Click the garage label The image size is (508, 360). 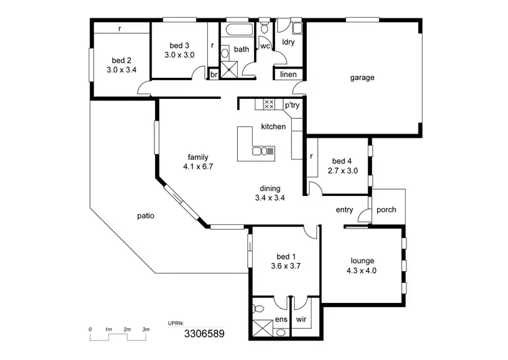(x=362, y=77)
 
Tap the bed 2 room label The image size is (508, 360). (x=121, y=59)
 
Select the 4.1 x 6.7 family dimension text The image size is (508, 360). (x=198, y=166)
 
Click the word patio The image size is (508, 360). (x=146, y=216)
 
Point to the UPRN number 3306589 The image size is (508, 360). (x=204, y=334)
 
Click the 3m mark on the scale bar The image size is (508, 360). (x=146, y=329)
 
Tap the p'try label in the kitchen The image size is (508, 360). (x=292, y=105)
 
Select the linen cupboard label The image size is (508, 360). (x=289, y=74)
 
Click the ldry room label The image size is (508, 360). (x=289, y=42)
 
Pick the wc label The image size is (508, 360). (x=266, y=46)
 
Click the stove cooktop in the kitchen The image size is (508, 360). (x=268, y=104)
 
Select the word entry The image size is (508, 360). (x=344, y=209)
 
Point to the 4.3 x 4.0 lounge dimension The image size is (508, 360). (x=362, y=270)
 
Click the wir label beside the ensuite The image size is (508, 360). (x=301, y=319)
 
